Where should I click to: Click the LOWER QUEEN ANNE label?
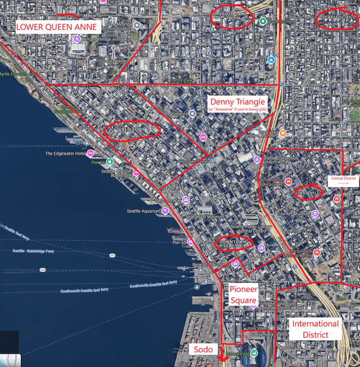(x=58, y=26)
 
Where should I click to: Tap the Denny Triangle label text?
(x=237, y=102)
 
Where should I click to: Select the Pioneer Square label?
(x=243, y=294)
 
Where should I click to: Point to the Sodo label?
(x=204, y=349)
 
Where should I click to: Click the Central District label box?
(x=343, y=181)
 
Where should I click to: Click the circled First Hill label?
(x=308, y=193)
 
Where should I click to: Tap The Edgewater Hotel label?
(x=65, y=153)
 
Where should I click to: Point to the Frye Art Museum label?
(x=292, y=214)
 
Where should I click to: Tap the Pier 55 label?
(x=179, y=242)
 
